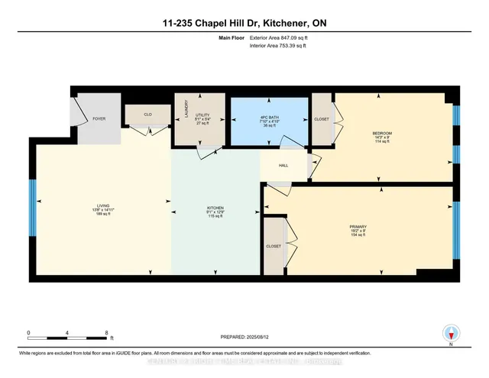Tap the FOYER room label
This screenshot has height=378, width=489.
pyautogui.click(x=99, y=119)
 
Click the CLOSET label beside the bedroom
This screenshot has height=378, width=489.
pyautogui.click(x=321, y=119)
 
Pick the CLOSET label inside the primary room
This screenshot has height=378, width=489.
pyautogui.click(x=273, y=247)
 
